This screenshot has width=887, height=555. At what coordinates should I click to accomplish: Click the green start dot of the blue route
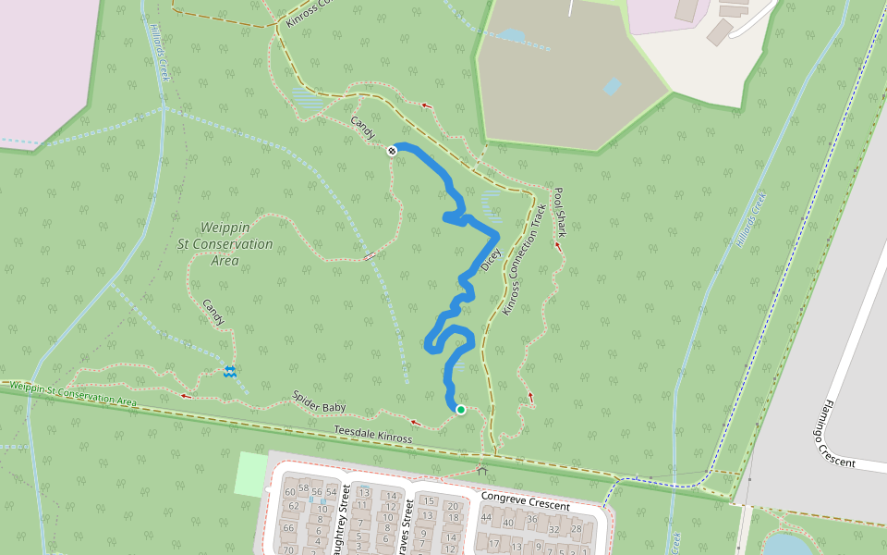460,410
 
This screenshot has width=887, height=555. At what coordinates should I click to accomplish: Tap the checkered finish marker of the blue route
392,151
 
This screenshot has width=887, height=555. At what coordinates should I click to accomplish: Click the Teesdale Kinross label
372,435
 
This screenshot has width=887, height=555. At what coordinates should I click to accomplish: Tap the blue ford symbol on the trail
229,371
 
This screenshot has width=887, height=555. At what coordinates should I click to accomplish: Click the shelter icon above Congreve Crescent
481,470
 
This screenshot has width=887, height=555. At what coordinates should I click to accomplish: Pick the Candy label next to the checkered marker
362,129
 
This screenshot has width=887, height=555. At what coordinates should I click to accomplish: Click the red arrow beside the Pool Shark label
558,246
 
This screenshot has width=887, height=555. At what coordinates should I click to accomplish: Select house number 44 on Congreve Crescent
486,516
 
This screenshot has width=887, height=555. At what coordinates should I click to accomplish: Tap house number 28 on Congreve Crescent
577,528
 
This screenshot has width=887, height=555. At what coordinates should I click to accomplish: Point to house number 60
290,492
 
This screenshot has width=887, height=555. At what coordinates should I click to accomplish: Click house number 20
453,506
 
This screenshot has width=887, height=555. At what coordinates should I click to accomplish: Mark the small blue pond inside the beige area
610,86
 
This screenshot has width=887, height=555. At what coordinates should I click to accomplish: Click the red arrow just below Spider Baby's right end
415,423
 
